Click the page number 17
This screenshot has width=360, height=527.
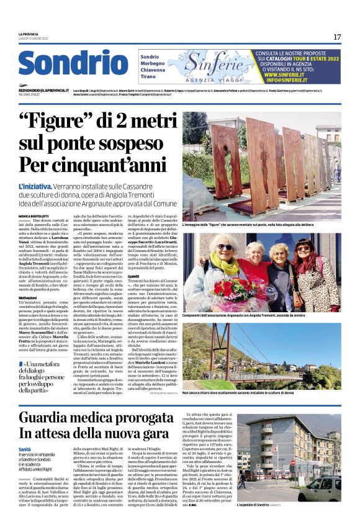[x=337, y=37]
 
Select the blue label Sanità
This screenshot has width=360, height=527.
[x=25, y=449]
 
